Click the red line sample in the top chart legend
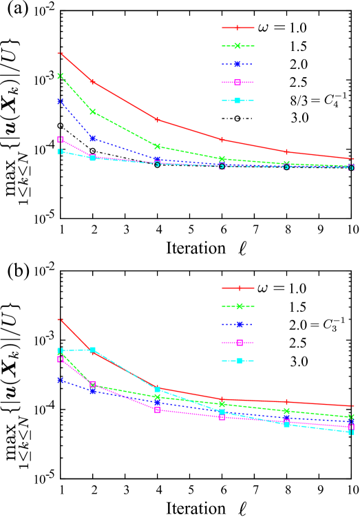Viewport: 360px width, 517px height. tap(237, 28)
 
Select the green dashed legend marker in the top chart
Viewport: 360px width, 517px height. tap(237, 46)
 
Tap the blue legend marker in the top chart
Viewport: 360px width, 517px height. tap(237, 64)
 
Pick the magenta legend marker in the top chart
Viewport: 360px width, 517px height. tap(237, 83)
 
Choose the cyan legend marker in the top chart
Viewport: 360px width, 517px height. tap(237, 101)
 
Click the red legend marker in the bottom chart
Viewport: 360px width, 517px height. tap(238, 288)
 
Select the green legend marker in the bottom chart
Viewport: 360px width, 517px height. tap(238, 306)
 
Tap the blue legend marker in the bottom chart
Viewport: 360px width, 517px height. tap(238, 324)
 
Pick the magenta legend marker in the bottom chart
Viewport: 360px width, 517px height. tap(238, 343)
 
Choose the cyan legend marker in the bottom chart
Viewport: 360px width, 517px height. tap(238, 361)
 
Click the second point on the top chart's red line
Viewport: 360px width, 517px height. tap(93, 82)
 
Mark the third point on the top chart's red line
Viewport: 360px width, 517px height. tap(158, 120)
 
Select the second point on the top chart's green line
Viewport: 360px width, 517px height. tap(93, 112)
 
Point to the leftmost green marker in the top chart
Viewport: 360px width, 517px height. tap(61, 76)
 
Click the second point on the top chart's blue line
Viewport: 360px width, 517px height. tap(93, 138)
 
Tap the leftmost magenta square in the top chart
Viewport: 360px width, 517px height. tap(61, 139)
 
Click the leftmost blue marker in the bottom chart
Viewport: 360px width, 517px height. tap(61, 380)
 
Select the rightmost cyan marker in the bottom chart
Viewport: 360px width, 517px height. tap(351, 432)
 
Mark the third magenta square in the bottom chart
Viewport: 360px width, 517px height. tap(158, 410)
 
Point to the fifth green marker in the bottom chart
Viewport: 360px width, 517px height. tap(286, 411)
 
